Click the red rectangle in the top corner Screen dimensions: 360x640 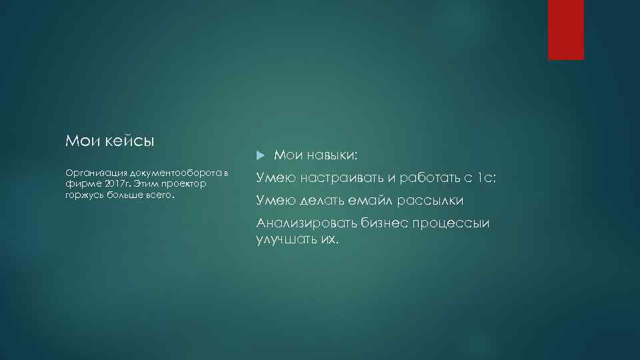pyautogui.click(x=565, y=29)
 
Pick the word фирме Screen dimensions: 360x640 pyautogui.click(x=79, y=183)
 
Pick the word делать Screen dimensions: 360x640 pyautogui.click(x=325, y=201)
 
